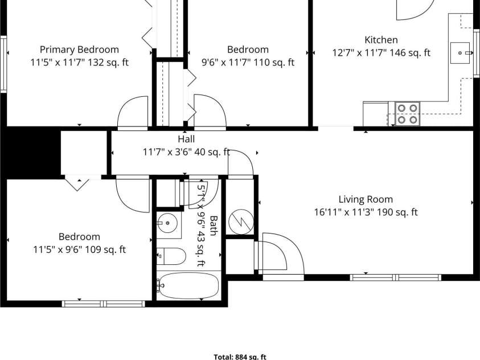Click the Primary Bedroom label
click(79, 50)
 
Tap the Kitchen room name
click(381, 40)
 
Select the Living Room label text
click(366, 199)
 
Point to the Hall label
click(186, 139)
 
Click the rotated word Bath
click(214, 226)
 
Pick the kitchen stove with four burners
click(407, 113)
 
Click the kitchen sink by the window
click(460, 53)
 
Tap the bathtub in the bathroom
click(189, 285)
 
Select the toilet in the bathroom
click(171, 256)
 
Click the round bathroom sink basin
click(167, 223)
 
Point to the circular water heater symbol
click(241, 222)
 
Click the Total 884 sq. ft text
click(240, 357)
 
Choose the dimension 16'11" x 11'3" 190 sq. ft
click(366, 212)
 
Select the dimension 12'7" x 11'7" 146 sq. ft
click(381, 52)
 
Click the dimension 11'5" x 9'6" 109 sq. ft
click(79, 249)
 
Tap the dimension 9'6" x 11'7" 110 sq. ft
click(248, 63)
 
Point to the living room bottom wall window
click(396, 277)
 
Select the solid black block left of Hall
click(31, 153)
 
